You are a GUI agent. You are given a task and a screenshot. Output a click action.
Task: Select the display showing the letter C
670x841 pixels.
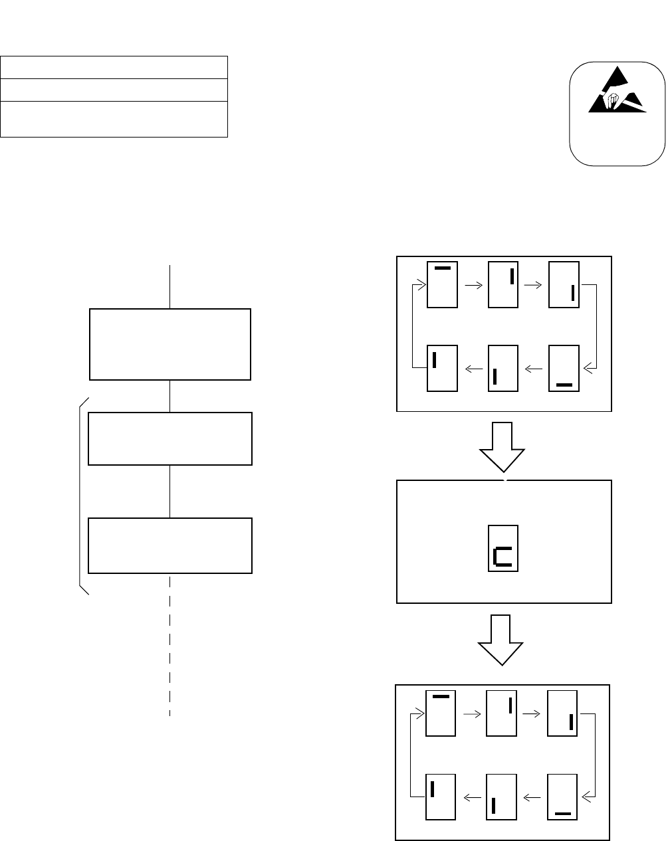503,547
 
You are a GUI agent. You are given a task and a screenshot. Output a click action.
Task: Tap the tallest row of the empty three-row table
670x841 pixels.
114,119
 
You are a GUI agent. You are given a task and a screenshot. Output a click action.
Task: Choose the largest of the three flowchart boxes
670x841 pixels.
170,344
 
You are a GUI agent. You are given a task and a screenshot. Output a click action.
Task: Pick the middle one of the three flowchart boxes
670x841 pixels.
170,438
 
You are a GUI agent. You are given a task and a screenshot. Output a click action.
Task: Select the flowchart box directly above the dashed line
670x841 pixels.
170,545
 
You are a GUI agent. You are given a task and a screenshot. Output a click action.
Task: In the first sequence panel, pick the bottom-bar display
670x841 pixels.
564,368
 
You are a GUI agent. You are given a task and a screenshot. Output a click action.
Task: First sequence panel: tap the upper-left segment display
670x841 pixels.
442,368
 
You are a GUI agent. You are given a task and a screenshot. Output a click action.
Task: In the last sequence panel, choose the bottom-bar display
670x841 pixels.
562,796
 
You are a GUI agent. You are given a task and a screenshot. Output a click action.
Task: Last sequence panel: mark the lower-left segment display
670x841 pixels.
501,796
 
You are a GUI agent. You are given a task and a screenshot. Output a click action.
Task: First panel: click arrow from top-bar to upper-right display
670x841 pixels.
473,285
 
